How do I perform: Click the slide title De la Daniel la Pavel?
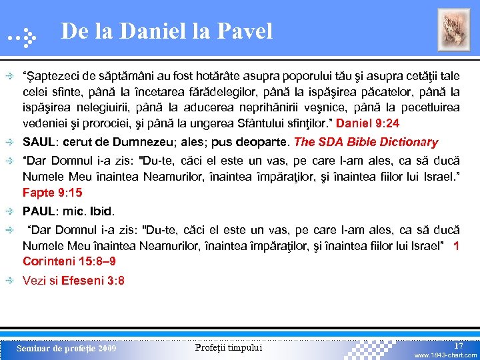pos(166,31)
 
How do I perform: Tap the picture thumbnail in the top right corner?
pos(453,30)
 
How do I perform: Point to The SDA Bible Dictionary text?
pos(366,142)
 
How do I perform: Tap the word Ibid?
pos(102,211)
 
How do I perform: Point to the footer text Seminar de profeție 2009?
pos(66,348)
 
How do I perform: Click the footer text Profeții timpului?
pos(229,347)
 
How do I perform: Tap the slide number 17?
pos(459,345)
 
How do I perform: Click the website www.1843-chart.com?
pos(445,355)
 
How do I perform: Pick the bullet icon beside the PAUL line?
pos(12,211)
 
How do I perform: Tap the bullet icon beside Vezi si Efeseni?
pos(12,281)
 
